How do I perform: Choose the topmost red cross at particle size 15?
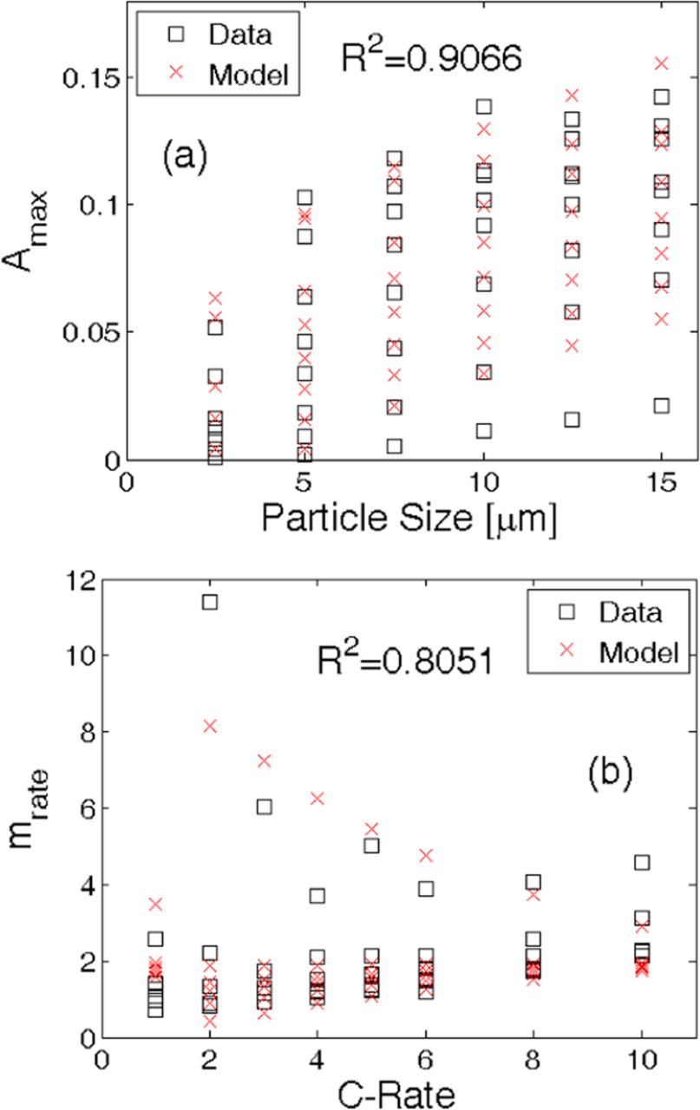point(661,63)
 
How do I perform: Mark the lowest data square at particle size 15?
point(661,405)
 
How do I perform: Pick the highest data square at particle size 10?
point(483,107)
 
